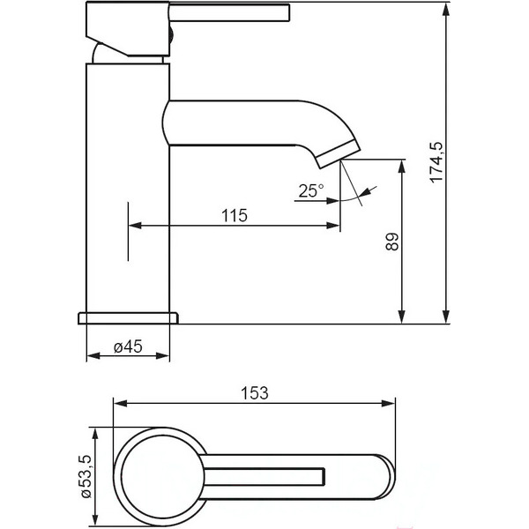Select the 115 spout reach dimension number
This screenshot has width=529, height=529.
tap(233, 215)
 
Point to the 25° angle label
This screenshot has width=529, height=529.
tap(310, 190)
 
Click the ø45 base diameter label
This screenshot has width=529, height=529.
tap(128, 346)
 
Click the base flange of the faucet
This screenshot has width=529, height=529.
tap(128, 317)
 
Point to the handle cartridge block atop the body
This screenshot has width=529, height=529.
tap(128, 32)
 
